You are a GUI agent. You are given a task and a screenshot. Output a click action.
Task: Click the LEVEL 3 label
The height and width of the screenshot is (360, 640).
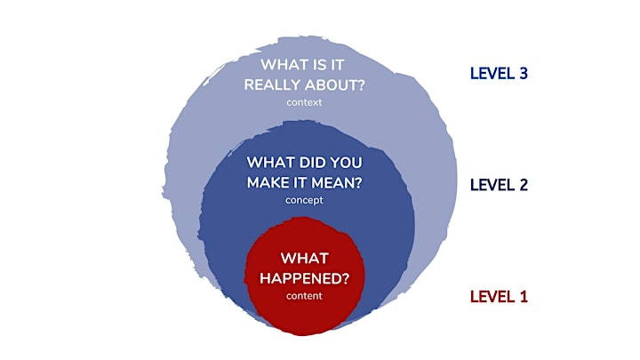(499, 74)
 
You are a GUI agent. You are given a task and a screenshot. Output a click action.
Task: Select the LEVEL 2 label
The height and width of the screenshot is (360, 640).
(499, 185)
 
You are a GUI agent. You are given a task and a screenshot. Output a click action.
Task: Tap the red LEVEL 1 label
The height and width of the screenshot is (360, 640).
(499, 297)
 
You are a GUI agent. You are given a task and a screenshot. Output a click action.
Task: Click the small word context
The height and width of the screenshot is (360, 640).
(304, 102)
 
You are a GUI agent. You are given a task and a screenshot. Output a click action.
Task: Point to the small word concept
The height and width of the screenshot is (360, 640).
(304, 200)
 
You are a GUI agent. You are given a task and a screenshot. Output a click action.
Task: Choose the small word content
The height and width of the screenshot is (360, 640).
(304, 296)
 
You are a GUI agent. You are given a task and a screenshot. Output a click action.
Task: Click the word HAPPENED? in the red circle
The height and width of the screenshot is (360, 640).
(305, 278)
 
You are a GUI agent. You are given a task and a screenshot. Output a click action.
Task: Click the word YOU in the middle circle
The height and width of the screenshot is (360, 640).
(346, 163)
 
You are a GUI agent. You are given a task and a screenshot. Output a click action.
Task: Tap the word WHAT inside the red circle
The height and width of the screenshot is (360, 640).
(305, 259)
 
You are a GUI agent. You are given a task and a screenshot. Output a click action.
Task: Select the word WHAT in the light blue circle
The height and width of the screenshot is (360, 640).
(284, 65)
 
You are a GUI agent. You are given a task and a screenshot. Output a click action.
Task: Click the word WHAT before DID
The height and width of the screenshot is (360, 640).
(270, 163)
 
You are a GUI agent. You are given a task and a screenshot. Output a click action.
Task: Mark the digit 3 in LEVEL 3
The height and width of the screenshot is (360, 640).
(524, 74)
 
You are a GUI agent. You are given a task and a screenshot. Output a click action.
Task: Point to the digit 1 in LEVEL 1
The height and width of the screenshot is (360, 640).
(524, 297)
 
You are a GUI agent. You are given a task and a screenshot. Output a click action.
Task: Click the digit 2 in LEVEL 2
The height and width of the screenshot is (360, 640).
(524, 185)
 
